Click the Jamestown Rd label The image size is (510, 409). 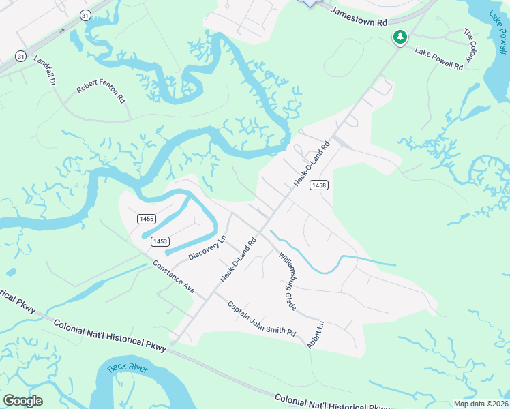pos(358,20)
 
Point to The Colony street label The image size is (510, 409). pos(470,48)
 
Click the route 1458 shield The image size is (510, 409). pos(318,185)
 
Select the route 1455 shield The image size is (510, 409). pos(147,219)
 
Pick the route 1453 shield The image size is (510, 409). pos(160,241)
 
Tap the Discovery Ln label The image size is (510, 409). pos(207,248)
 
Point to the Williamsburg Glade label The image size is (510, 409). pos(287,281)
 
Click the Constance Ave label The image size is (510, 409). pos(173,277)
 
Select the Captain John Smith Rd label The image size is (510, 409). pos(261,319)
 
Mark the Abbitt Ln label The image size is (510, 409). pos(316,335)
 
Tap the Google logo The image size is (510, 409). pos(22,401)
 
